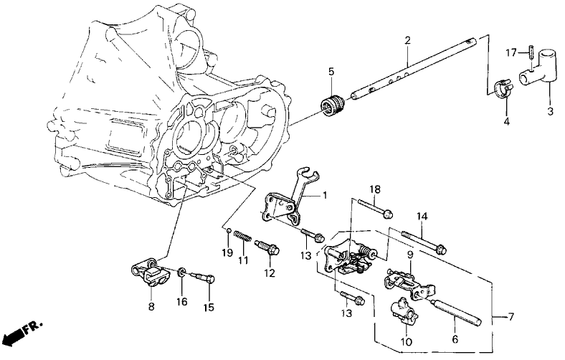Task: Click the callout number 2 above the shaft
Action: (x=407, y=40)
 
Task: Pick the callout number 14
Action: (x=422, y=216)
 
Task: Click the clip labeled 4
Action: (x=501, y=90)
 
